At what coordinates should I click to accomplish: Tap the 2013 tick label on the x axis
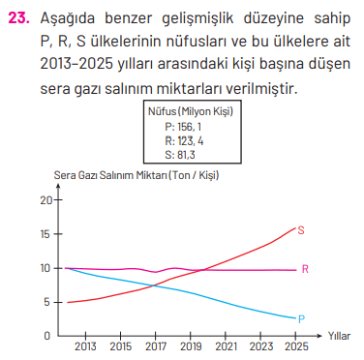tap(85, 345)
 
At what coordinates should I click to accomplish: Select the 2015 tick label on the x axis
tap(121, 345)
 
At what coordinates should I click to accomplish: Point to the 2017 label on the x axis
tap(156, 345)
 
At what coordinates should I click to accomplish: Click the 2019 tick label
tap(191, 345)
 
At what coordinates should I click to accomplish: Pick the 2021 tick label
tap(226, 345)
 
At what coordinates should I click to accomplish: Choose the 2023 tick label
tap(260, 345)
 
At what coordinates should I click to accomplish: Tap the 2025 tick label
tap(296, 345)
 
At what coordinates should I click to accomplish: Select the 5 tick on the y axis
tap(48, 301)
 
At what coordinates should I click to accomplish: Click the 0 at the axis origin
tap(48, 335)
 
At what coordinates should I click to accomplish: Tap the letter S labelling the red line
tap(302, 230)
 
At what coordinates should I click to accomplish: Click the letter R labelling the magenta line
tap(306, 269)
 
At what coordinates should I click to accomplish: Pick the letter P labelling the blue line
tap(302, 318)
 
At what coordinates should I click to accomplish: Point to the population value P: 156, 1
tap(183, 126)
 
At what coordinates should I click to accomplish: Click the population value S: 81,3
tap(181, 153)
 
